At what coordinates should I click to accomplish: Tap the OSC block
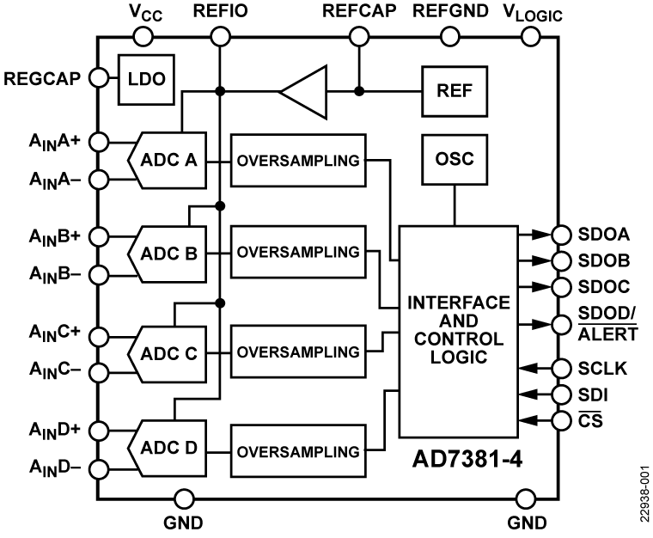pos(454,159)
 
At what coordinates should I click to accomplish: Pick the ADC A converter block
pos(168,159)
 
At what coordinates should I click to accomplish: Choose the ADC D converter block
pos(168,447)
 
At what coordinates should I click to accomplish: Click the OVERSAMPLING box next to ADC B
pos(298,254)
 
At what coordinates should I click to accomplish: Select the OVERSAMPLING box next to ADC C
pos(298,352)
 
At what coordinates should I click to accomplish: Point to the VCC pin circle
pos(143,36)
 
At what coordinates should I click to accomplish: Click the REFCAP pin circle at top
pos(358,36)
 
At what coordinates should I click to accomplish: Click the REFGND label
pos(450,11)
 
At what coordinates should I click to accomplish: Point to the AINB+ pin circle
pos(98,235)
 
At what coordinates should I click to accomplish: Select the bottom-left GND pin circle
pos(183,498)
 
